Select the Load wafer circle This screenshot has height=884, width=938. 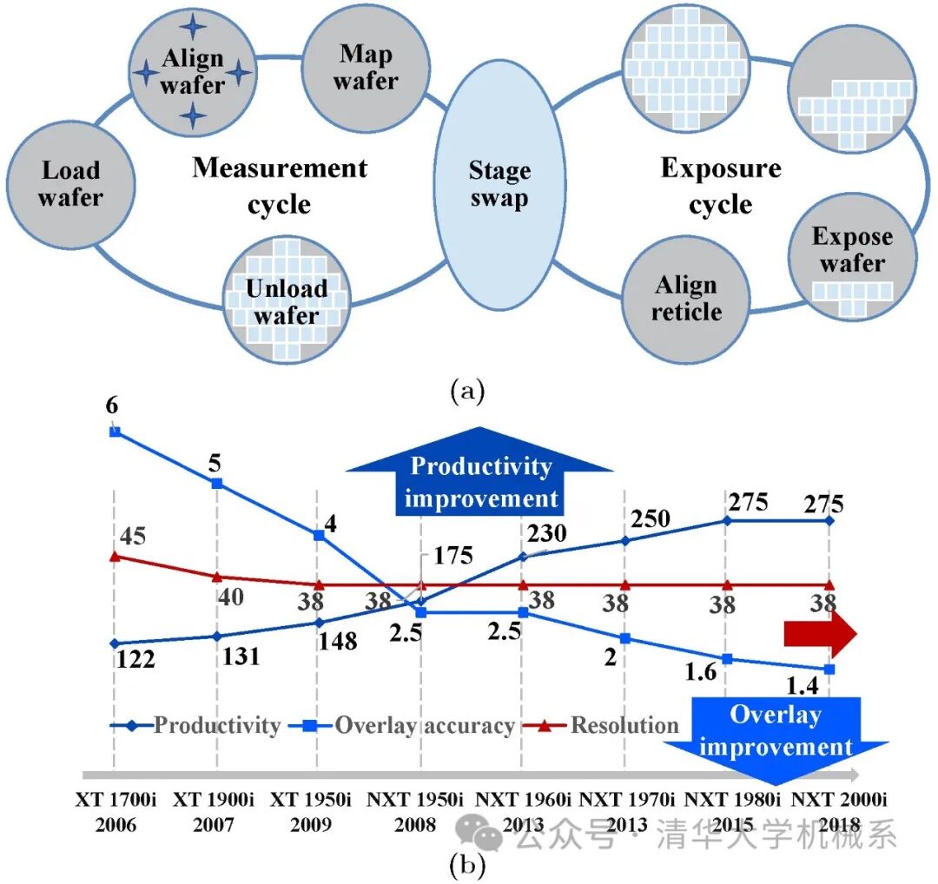(71, 183)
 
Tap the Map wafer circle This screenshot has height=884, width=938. (366, 68)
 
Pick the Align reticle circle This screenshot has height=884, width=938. (686, 298)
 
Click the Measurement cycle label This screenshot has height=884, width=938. (280, 185)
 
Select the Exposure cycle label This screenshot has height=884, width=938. (721, 185)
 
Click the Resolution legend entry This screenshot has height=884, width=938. (612, 725)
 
